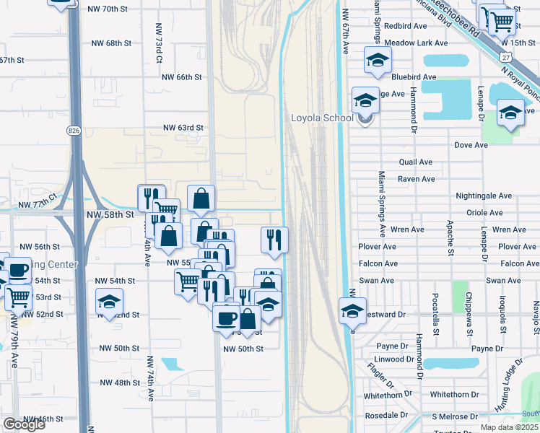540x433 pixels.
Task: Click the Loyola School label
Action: [x=322, y=118]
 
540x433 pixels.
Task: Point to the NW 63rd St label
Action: [x=183, y=128]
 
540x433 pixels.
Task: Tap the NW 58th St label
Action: [x=110, y=214]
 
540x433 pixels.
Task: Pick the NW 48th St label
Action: [x=119, y=382]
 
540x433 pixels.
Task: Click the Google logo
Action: [x=24, y=424]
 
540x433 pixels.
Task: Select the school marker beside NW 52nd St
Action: [x=109, y=302]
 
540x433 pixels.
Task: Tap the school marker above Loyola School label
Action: [x=365, y=100]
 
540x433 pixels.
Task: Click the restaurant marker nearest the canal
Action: [x=274, y=239]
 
